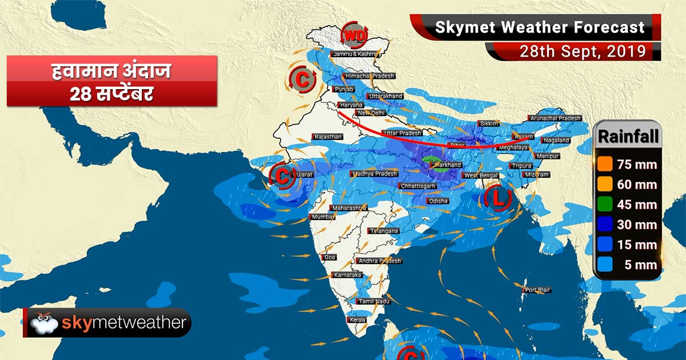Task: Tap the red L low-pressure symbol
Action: click(496, 199)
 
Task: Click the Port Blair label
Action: click(538, 290)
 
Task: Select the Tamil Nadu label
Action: click(373, 301)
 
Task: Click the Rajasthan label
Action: click(328, 137)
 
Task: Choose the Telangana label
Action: click(384, 231)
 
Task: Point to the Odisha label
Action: click(438, 201)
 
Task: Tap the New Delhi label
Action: click(371, 113)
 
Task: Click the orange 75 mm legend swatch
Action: click(605, 165)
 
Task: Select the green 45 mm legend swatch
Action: click(605, 205)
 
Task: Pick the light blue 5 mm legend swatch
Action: click(605, 265)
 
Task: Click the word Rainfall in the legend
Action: click(628, 137)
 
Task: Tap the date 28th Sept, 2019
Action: click(583, 51)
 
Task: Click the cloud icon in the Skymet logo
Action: click(45, 324)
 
